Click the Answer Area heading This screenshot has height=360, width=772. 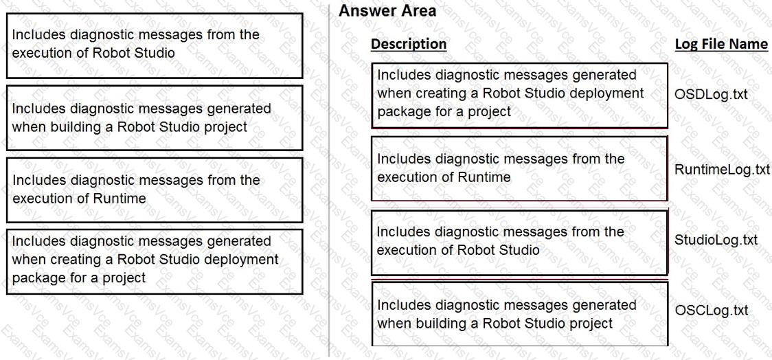387,11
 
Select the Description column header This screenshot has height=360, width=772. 409,44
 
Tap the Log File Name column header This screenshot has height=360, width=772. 721,44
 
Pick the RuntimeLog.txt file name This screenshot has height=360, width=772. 722,170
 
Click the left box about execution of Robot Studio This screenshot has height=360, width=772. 155,46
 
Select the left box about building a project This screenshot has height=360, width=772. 155,117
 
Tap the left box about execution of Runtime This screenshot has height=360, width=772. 155,190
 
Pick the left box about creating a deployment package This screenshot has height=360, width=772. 155,262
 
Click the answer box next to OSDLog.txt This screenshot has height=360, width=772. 519,95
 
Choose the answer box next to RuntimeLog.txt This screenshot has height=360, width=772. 519,168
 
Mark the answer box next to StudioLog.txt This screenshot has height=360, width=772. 519,243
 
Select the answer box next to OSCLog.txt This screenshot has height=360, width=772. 519,314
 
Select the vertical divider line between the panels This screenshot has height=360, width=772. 329,180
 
